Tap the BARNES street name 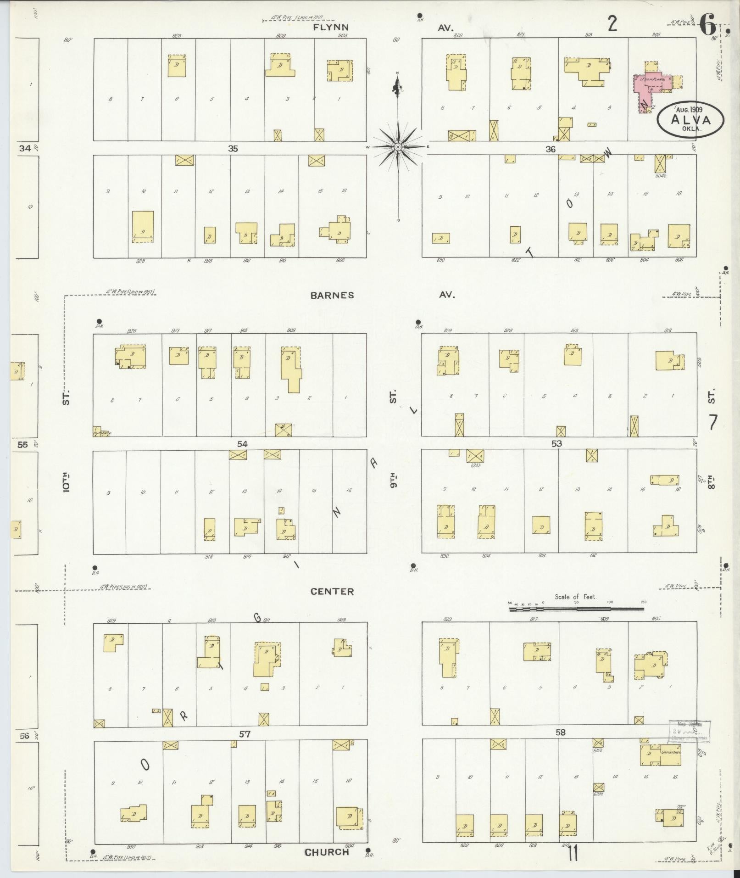(x=332, y=295)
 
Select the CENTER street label (x=332, y=592)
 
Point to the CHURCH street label (x=327, y=852)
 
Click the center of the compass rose (x=398, y=147)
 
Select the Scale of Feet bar (x=576, y=609)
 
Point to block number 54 (x=242, y=444)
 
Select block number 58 (x=560, y=733)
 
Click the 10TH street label (x=66, y=481)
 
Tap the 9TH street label (x=393, y=479)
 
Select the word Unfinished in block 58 (x=671, y=753)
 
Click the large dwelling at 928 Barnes (x=143, y=226)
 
